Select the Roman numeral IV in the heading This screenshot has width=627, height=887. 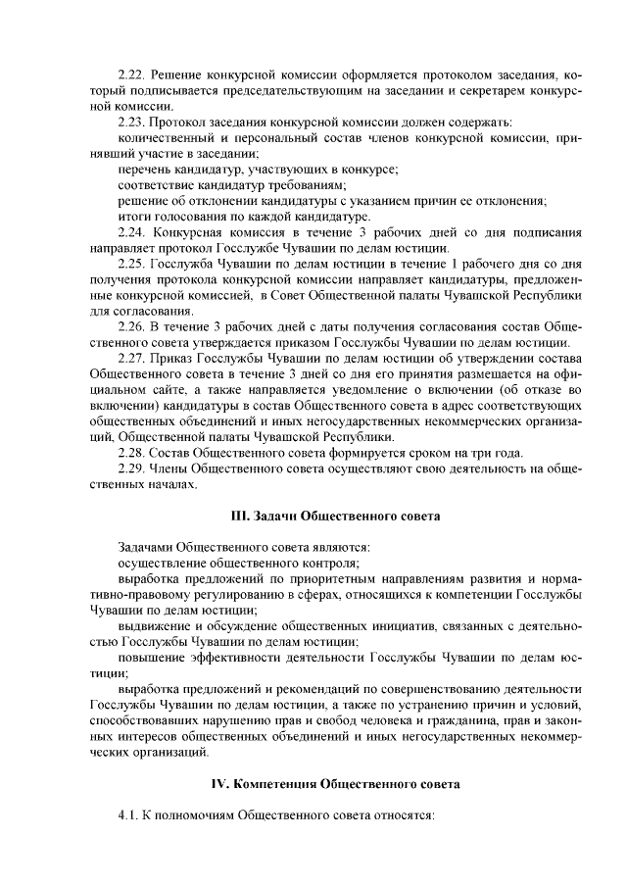pyautogui.click(x=222, y=784)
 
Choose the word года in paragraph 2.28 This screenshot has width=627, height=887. pyautogui.click(x=506, y=452)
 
